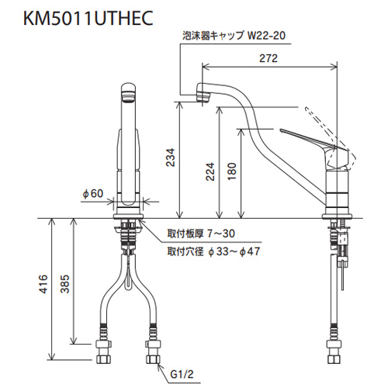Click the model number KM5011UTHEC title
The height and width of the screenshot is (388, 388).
(88, 18)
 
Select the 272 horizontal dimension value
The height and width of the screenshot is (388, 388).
(268, 58)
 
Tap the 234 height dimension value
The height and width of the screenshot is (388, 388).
(171, 158)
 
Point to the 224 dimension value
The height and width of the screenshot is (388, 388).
(210, 171)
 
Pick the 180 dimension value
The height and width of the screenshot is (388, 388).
(232, 171)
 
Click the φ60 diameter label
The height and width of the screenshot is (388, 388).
(93, 193)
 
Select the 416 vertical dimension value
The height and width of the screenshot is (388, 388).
(43, 284)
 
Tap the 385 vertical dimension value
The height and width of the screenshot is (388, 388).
(65, 284)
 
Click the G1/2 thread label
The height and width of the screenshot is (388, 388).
(182, 374)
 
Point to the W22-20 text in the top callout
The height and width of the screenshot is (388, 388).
(266, 36)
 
